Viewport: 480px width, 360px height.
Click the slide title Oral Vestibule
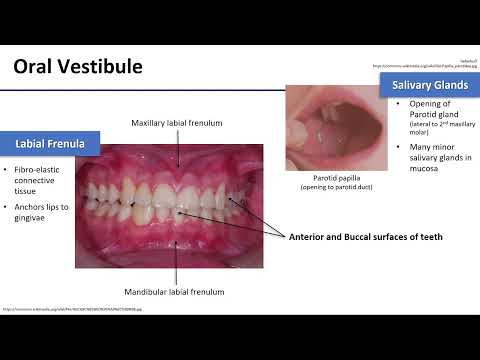pyautogui.click(x=78, y=67)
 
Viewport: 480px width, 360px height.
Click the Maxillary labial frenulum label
pyautogui.click(x=177, y=123)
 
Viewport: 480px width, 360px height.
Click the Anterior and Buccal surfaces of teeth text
pyautogui.click(x=365, y=237)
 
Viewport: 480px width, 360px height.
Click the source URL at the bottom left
pyautogui.click(x=72, y=309)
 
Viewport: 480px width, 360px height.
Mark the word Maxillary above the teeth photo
pyautogui.click(x=150, y=123)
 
